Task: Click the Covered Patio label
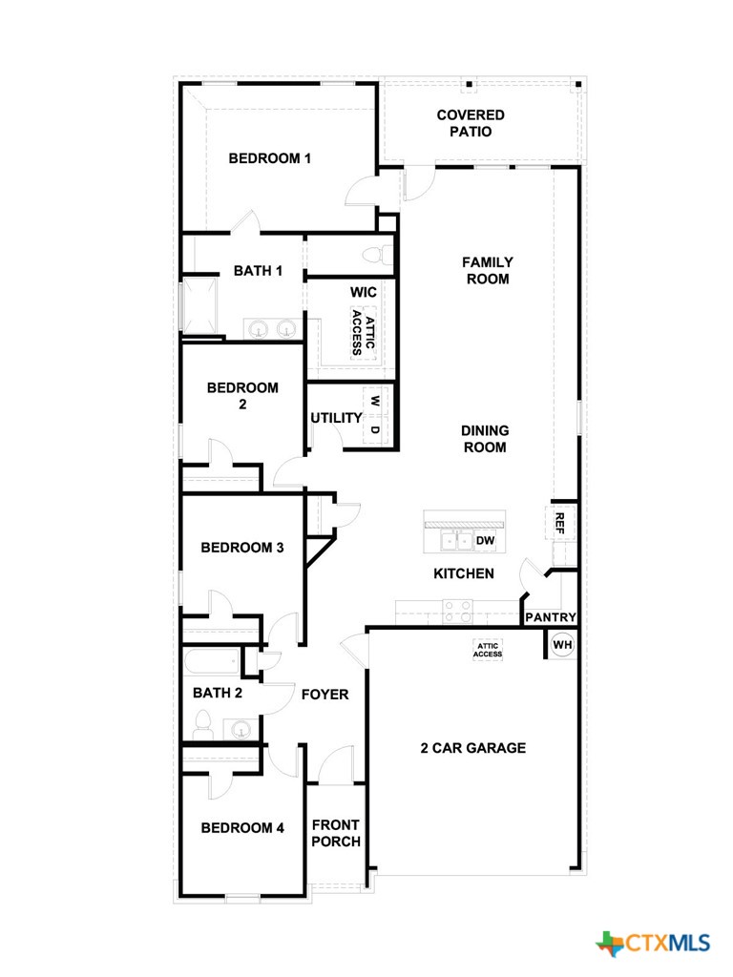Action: [x=471, y=123]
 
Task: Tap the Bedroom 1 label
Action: [x=269, y=158]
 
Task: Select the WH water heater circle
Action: [x=562, y=645]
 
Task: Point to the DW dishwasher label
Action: [x=485, y=541]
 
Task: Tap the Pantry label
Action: [x=550, y=617]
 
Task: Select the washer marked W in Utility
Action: [x=375, y=402]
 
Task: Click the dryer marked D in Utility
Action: [x=375, y=429]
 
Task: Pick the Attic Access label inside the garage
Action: [x=488, y=650]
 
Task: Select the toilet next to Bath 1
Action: [x=384, y=255]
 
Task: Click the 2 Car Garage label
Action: [x=472, y=748]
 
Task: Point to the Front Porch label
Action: [x=336, y=833]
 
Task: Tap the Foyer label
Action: [x=325, y=695]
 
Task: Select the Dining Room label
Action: [x=485, y=439]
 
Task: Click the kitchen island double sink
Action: [x=453, y=541]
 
